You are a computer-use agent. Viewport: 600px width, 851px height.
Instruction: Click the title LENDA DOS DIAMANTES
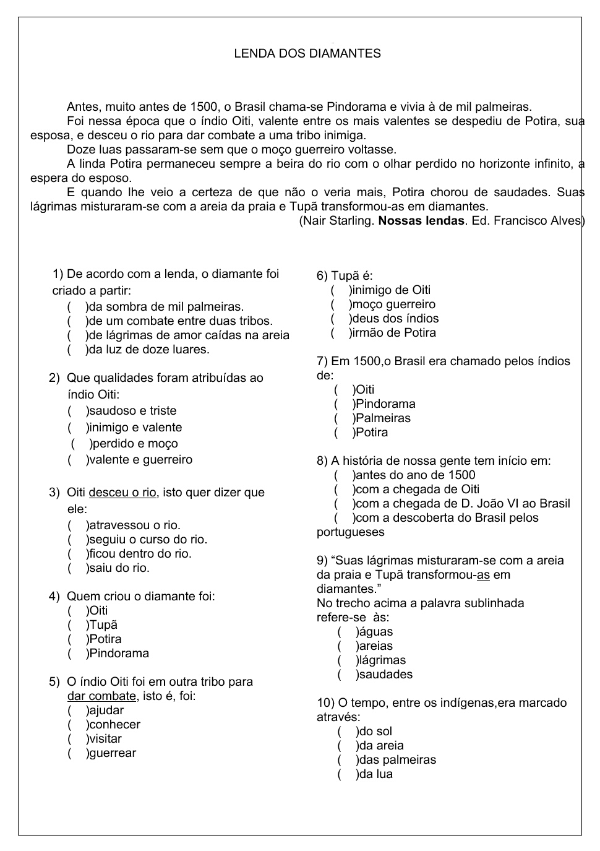click(307, 54)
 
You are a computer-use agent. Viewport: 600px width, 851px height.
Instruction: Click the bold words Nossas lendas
click(421, 221)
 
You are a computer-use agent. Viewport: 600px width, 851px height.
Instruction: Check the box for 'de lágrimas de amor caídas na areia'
click(77, 335)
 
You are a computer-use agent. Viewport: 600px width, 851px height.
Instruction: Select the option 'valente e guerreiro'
click(77, 460)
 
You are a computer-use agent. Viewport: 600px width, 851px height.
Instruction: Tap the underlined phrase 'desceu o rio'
click(122, 493)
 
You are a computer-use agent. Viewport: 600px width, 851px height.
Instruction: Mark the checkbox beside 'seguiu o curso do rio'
click(77, 540)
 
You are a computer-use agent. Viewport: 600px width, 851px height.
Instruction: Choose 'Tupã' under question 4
click(77, 625)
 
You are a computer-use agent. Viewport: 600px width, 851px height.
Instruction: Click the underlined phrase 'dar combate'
click(101, 696)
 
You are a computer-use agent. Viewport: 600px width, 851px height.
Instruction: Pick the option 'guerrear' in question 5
click(77, 753)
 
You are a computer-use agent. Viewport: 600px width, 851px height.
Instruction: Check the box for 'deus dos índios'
click(340, 319)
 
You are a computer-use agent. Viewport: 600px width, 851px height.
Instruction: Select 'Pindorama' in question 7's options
click(343, 404)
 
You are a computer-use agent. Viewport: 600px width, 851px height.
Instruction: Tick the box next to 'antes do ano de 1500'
click(343, 475)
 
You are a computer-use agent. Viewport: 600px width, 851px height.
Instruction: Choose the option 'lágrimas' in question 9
click(346, 660)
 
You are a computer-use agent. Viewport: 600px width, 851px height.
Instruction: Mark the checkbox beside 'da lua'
click(346, 774)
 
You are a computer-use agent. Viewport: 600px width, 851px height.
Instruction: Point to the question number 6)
click(322, 276)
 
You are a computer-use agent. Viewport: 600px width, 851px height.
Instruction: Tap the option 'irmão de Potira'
click(340, 333)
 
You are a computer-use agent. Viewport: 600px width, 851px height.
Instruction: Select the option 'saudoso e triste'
click(77, 411)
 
